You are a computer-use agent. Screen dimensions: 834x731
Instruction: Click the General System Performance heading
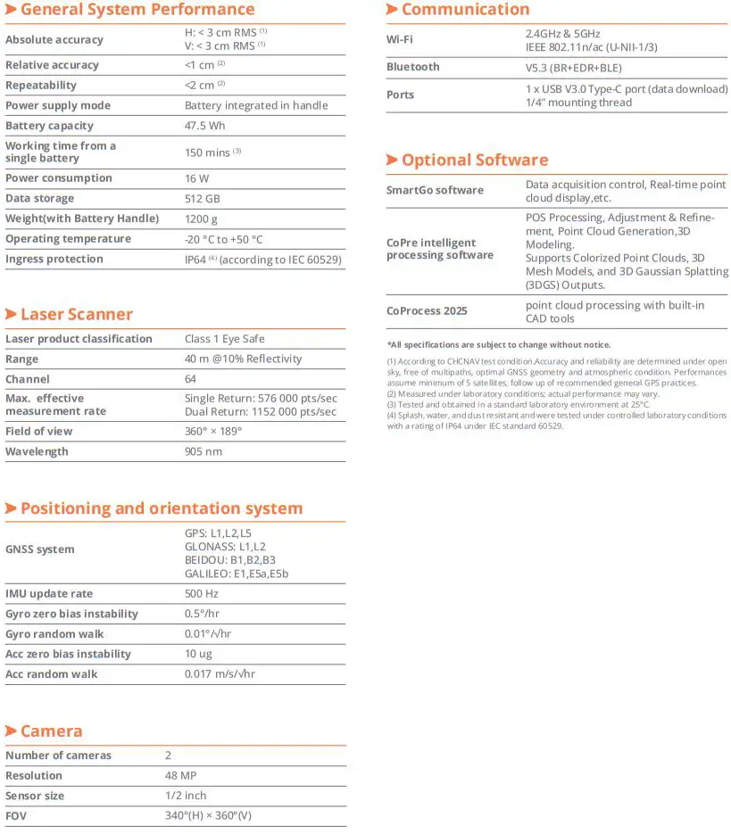[x=137, y=10]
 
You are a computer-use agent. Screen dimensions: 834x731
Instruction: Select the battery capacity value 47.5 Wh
[x=204, y=126]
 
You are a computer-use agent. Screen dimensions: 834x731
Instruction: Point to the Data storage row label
[x=39, y=198]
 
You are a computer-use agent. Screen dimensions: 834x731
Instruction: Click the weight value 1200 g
[x=201, y=219]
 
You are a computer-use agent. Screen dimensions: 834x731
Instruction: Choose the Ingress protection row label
[x=54, y=259]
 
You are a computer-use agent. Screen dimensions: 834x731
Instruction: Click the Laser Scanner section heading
[x=76, y=314]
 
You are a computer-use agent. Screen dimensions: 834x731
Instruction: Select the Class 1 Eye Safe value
[x=224, y=339]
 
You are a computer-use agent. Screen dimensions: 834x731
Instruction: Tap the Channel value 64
[x=191, y=379]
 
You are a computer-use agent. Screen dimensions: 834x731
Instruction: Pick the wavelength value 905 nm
[x=203, y=451]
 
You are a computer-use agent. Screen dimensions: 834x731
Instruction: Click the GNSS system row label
[x=40, y=549]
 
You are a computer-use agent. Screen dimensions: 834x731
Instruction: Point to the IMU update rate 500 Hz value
[x=201, y=594]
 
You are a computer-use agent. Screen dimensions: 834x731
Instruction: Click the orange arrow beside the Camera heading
[x=11, y=731]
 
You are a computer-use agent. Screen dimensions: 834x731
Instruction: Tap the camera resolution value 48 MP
[x=180, y=775]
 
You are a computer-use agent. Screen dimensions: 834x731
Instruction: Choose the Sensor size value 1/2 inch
[x=186, y=796]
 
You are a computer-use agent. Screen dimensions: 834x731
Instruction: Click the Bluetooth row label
[x=412, y=67]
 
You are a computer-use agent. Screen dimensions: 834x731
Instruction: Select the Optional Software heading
[x=474, y=161]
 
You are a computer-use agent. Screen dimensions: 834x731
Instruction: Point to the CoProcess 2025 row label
[x=427, y=311]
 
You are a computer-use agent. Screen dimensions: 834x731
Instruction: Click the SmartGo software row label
[x=435, y=190]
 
